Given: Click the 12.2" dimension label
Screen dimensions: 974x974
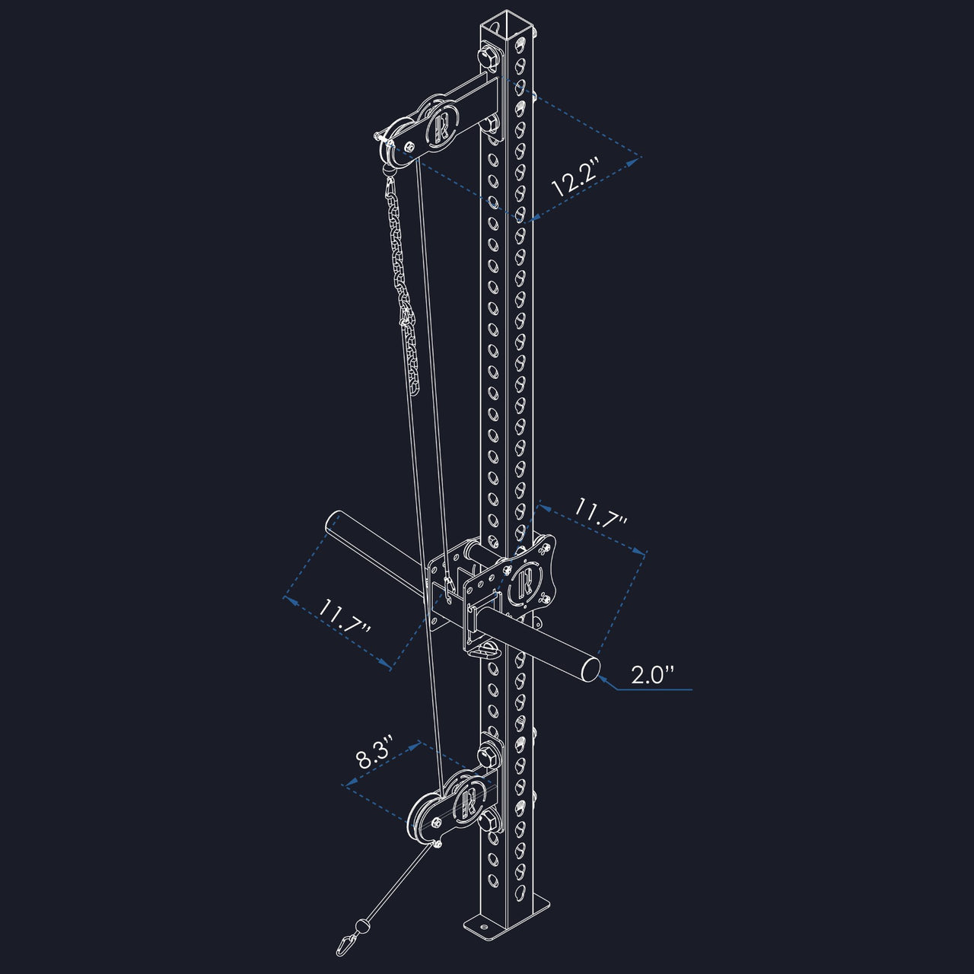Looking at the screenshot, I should (576, 177).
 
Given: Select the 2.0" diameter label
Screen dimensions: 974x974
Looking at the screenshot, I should (653, 675).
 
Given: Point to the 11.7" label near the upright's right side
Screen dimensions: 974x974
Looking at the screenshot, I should (601, 512).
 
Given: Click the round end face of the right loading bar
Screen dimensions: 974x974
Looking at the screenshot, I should (590, 669).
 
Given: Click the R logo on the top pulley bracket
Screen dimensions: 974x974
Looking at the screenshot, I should (442, 125).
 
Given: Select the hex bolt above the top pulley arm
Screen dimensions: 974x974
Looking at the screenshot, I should (488, 56).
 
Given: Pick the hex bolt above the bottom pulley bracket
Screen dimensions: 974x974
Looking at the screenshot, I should (487, 756).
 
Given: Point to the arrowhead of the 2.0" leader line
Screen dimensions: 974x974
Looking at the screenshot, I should (600, 680).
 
